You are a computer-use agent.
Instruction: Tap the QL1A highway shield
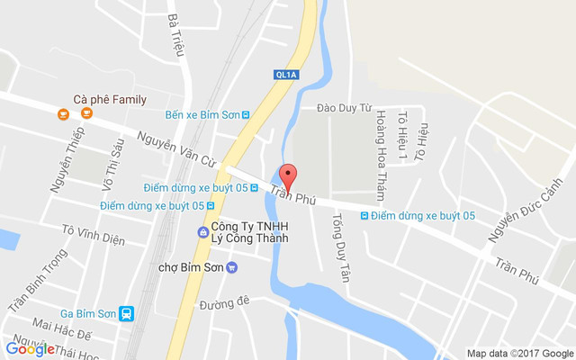click(x=286, y=76)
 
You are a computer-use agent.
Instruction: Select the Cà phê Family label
click(x=111, y=99)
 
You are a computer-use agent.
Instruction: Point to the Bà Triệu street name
click(x=175, y=34)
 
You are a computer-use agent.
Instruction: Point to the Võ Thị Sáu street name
click(x=112, y=162)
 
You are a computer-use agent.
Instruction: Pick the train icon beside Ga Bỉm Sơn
click(x=127, y=313)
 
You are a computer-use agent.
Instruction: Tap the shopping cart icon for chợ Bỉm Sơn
click(x=231, y=266)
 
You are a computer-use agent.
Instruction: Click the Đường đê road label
click(x=225, y=303)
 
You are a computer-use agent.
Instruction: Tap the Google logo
click(x=30, y=349)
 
